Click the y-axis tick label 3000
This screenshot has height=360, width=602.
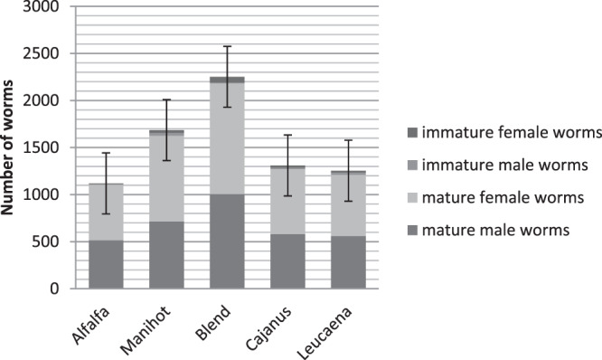pyautogui.click(x=42, y=7)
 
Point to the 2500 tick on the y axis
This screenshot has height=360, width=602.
pyautogui.click(x=42, y=54)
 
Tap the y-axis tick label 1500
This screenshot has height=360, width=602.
pyautogui.click(x=42, y=147)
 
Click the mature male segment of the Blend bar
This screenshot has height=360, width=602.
pyautogui.click(x=227, y=242)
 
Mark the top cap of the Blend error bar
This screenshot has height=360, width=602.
pyautogui.click(x=227, y=46)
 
